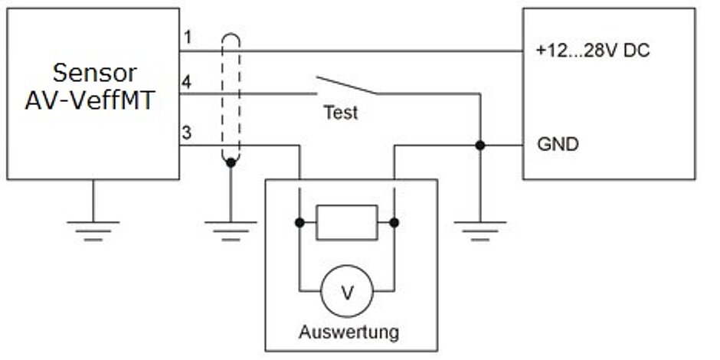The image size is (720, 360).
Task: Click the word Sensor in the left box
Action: coord(94,73)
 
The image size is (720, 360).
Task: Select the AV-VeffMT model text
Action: coord(94,100)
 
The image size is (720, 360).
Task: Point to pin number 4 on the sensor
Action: coord(187,80)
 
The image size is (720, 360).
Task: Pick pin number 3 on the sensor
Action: coord(187,133)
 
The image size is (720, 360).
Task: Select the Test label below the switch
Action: coord(340,113)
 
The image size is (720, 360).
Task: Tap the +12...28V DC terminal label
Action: coord(593,52)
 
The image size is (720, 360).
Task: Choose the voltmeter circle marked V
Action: coord(346,291)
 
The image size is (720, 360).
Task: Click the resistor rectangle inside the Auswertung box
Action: coord(346,223)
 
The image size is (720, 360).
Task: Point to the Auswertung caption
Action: coord(349,332)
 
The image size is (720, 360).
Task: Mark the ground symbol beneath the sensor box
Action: coord(93,228)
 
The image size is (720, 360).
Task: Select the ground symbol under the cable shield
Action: coord(231,228)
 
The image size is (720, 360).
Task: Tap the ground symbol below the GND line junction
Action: coord(479,228)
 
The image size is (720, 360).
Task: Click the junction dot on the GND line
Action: coord(479,145)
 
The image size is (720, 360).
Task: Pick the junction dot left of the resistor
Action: coord(299,223)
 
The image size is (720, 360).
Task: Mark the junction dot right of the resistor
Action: coord(394,223)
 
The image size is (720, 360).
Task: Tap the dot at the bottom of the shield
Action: coord(231,162)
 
